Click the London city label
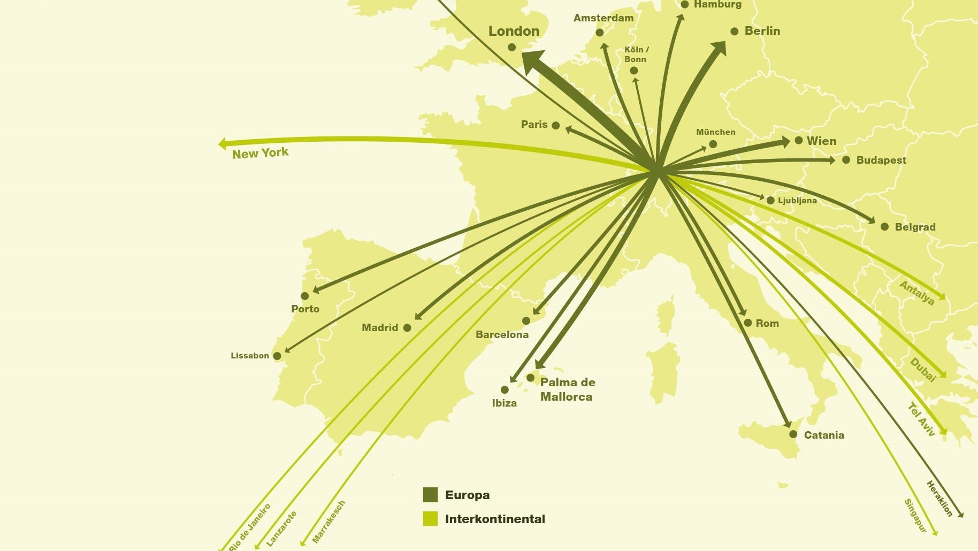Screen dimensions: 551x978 pyautogui.click(x=514, y=31)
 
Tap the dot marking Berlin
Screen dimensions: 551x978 pyautogui.click(x=735, y=32)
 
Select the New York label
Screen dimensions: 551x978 pyautogui.click(x=260, y=154)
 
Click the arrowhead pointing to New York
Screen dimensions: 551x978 pyautogui.click(x=223, y=143)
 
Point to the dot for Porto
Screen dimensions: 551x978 pyautogui.click(x=305, y=296)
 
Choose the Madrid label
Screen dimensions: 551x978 pyautogui.click(x=379, y=327)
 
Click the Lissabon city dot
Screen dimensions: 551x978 pyautogui.click(x=277, y=356)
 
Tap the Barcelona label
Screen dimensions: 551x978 pyautogui.click(x=502, y=335)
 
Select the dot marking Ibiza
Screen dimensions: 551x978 pyautogui.click(x=505, y=389)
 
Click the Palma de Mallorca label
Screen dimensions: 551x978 pyautogui.click(x=567, y=389)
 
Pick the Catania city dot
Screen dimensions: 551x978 pyautogui.click(x=793, y=434)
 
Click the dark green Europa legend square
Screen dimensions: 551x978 pyautogui.click(x=430, y=495)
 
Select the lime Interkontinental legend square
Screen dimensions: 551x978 pyautogui.click(x=430, y=518)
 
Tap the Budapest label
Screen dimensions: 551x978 pyautogui.click(x=881, y=160)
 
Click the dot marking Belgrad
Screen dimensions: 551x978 pyautogui.click(x=885, y=227)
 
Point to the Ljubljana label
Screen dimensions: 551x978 pyautogui.click(x=797, y=201)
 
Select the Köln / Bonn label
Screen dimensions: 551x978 pyautogui.click(x=636, y=54)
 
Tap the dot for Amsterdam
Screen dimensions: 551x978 pyautogui.click(x=600, y=33)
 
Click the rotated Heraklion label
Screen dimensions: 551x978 pyautogui.click(x=939, y=499)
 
